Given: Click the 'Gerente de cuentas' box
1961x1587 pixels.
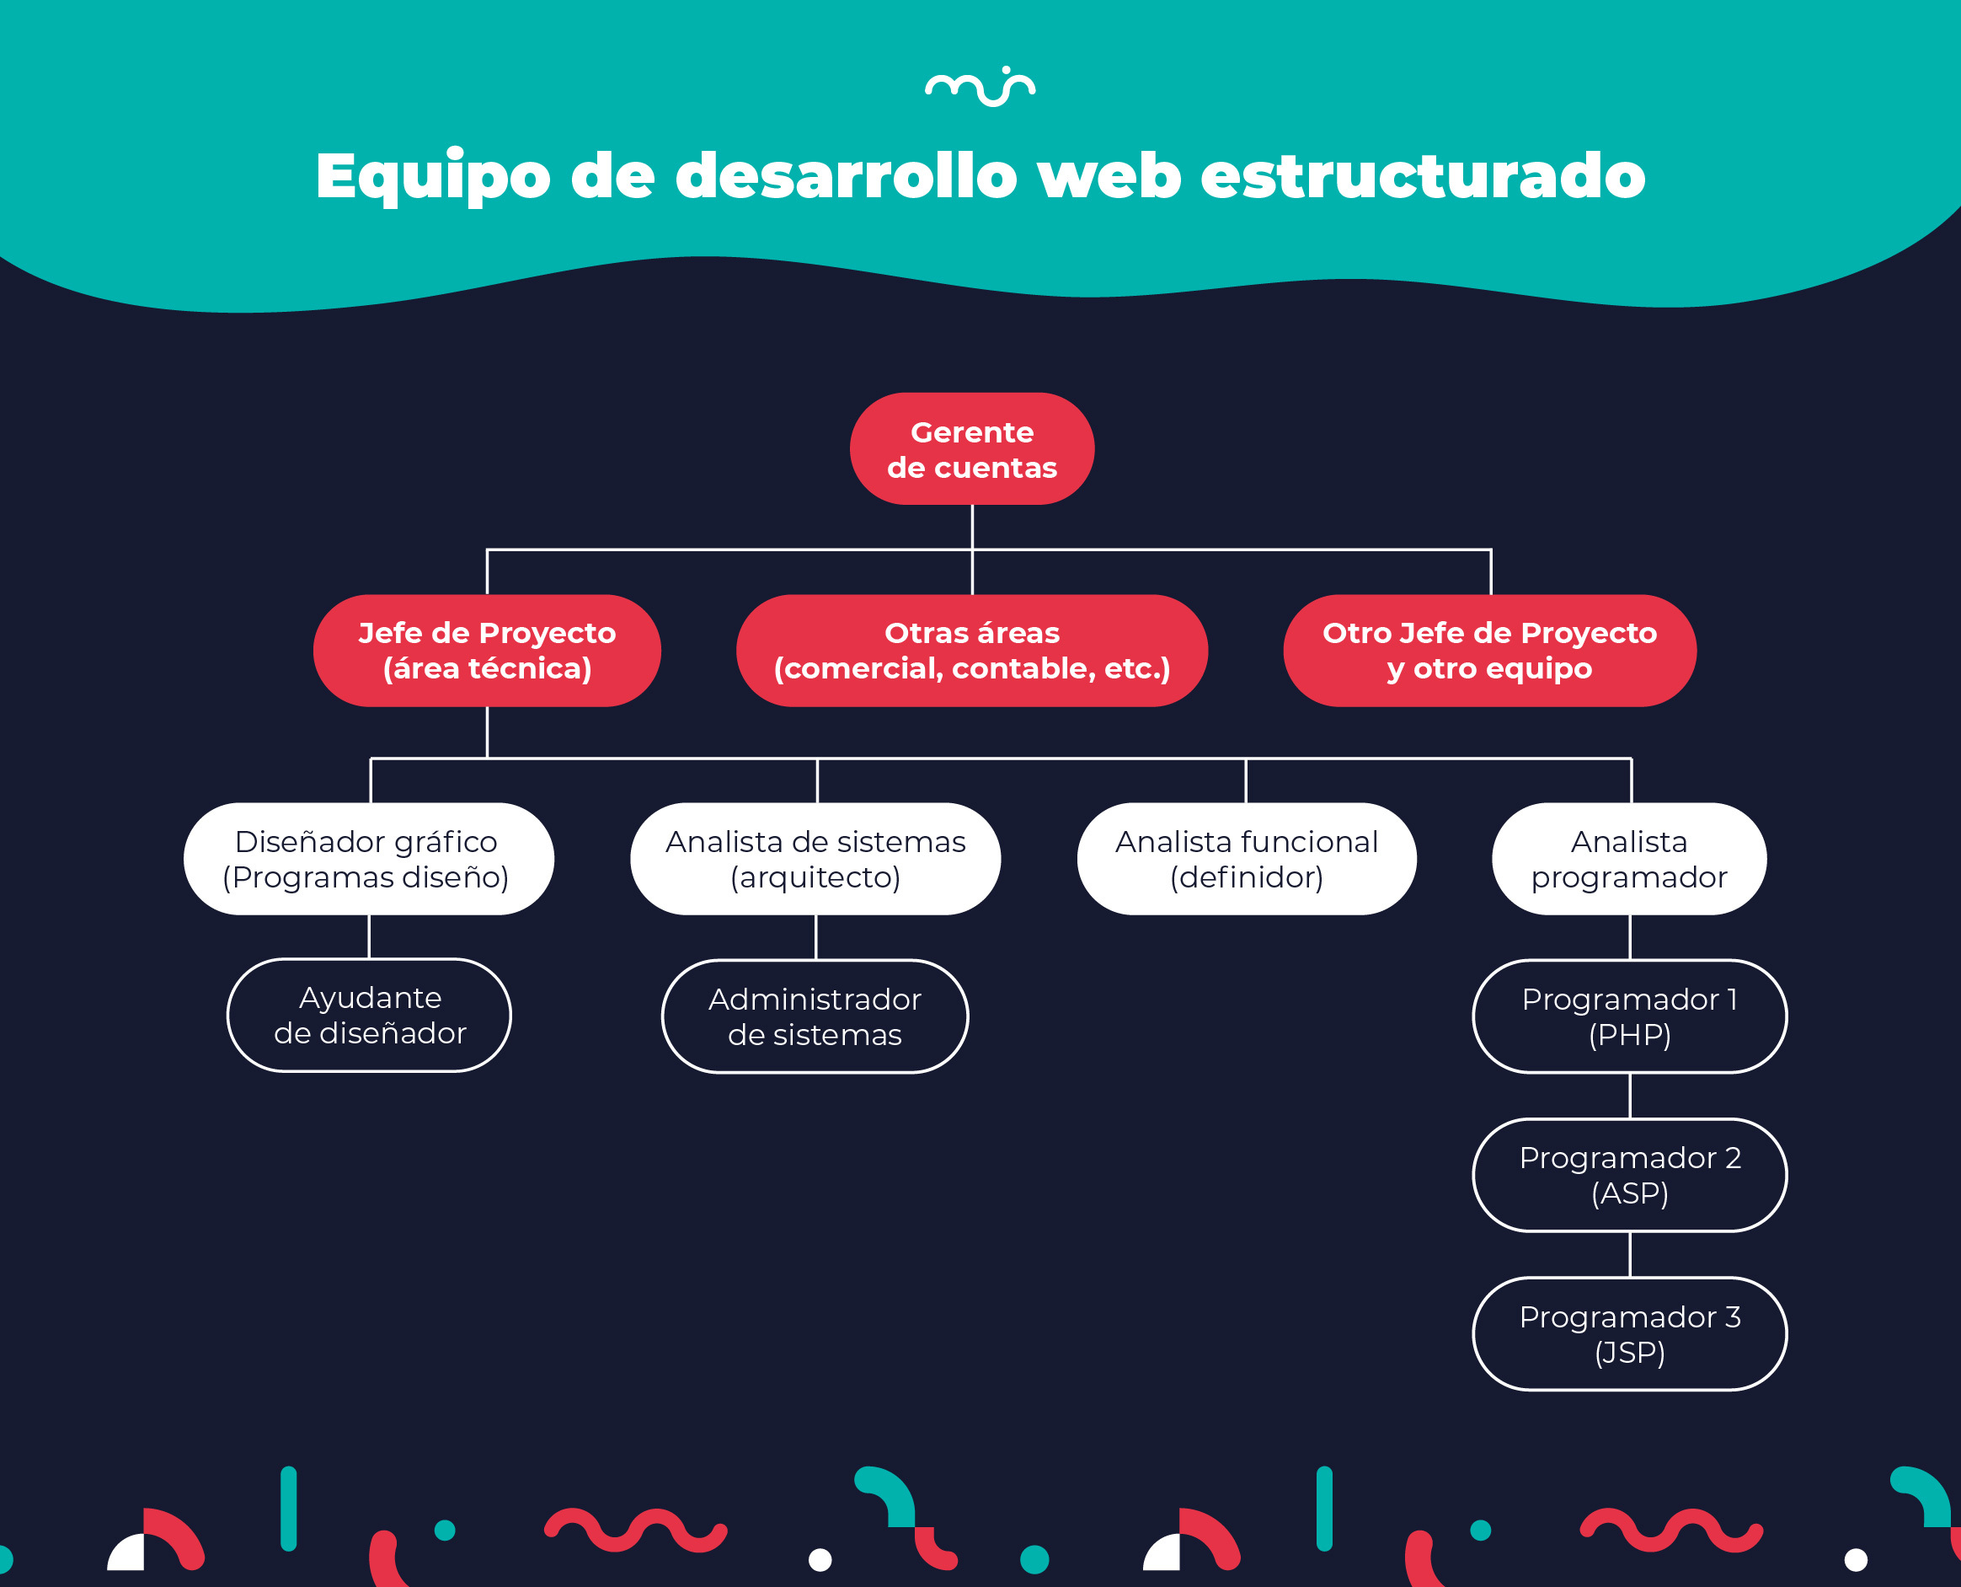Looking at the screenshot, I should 971,449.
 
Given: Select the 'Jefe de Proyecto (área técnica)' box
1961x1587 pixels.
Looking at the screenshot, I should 486,650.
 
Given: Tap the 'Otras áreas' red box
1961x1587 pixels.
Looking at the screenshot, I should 971,650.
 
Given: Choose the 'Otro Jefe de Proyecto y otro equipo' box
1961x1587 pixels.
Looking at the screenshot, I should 1489,650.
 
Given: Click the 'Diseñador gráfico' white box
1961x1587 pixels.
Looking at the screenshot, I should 368,859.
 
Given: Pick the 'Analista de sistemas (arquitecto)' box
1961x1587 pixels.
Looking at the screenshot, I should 815,859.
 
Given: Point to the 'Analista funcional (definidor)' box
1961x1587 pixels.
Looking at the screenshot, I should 1247,859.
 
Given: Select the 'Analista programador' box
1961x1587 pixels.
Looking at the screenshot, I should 1629,859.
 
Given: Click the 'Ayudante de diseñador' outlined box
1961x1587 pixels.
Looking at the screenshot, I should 369,1015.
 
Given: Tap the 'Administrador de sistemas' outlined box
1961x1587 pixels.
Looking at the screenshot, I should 815,1016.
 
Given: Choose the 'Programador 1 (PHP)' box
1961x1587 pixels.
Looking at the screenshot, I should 1629,1016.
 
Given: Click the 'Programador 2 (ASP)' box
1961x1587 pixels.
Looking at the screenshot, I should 1629,1175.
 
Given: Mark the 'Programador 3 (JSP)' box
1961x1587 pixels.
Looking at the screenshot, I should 1629,1334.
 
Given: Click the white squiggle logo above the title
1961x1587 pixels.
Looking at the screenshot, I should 980,87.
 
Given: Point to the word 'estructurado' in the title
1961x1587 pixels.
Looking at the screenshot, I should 1422,175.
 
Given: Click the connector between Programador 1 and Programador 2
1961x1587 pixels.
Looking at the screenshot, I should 1630,1095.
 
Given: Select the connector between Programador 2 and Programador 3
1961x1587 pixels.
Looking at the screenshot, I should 1630,1254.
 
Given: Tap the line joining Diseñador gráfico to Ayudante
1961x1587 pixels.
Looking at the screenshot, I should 369,936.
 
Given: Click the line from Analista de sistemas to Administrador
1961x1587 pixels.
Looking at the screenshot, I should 816,937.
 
